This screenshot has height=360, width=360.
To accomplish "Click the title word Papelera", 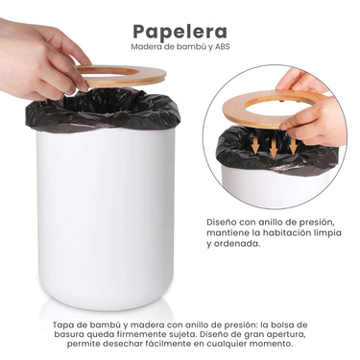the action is click(x=180, y=32).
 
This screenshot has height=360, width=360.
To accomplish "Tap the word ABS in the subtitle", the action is click(x=223, y=47).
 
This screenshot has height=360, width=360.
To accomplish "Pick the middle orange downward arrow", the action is click(x=274, y=147).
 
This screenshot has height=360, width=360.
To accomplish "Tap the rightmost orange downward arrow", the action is click(x=293, y=144).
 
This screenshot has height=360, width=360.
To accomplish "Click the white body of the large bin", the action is click(x=106, y=218).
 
